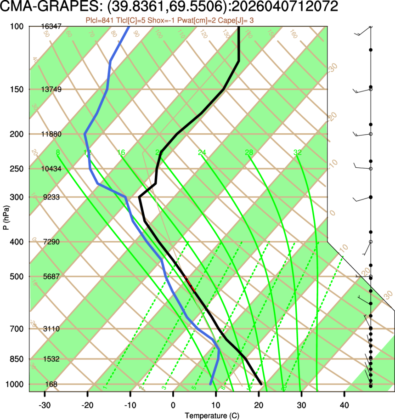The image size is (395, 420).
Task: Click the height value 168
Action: [51, 384]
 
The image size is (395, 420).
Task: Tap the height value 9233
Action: [51, 197]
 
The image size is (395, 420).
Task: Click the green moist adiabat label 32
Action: [298, 153]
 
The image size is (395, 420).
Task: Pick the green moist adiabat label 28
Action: [249, 153]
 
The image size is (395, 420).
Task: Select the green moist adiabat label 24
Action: [202, 153]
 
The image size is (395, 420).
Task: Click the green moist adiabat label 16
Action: [121, 153]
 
